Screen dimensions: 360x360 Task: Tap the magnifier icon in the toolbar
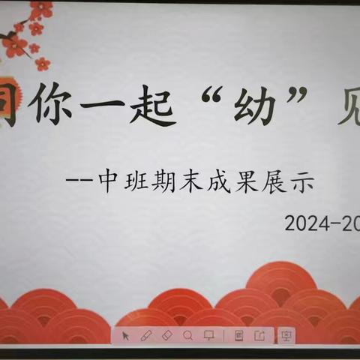(x=187, y=335)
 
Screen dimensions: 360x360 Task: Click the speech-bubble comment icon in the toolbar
(x=209, y=335)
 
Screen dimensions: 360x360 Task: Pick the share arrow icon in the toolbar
(x=259, y=335)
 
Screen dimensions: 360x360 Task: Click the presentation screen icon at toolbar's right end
(x=285, y=335)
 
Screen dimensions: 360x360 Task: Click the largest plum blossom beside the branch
(x=15, y=45)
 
